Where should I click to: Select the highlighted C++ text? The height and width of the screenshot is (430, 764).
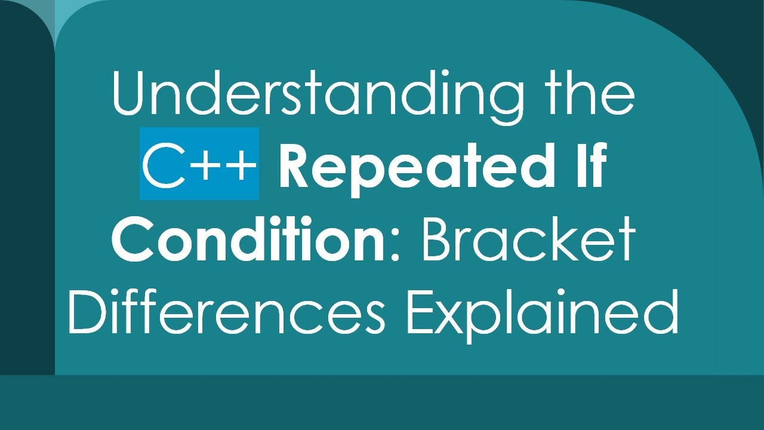[x=199, y=163]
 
